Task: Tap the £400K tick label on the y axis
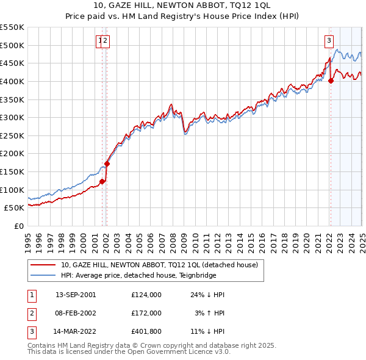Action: coord(12,81)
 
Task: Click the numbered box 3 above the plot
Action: coord(329,41)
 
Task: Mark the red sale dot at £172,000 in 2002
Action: coord(107,164)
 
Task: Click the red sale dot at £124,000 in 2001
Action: coord(102,181)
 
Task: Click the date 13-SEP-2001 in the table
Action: coord(76,295)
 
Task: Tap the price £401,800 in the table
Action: coord(146,333)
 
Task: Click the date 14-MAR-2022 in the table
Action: coord(76,333)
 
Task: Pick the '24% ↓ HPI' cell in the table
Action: coord(207,295)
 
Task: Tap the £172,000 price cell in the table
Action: coord(146,314)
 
